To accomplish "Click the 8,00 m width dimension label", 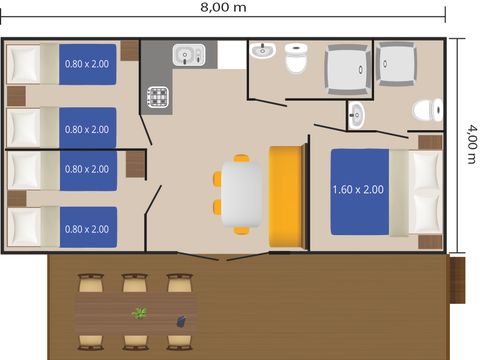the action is (x=223, y=7).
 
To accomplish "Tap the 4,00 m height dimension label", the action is (x=472, y=144).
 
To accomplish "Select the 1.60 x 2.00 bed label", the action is (x=358, y=190).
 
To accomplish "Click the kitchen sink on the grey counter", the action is (x=189, y=55).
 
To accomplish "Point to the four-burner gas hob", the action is (x=158, y=97).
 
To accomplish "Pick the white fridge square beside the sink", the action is (x=232, y=55).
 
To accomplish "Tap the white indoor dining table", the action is (x=241, y=194).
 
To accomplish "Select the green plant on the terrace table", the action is (x=140, y=313).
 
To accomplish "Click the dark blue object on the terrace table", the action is (x=181, y=321).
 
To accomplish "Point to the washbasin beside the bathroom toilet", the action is (x=262, y=50).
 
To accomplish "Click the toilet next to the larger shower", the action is (x=296, y=58).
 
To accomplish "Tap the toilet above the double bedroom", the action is (x=428, y=110).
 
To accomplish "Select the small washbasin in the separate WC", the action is (x=356, y=115).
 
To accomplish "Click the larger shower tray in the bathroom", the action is (x=348, y=70).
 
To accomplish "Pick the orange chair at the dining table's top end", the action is (x=241, y=158).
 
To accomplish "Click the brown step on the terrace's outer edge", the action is (x=457, y=280).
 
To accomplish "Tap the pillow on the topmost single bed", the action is (x=23, y=64).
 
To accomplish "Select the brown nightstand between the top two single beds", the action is (x=16, y=96).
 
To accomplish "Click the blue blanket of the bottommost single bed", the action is (x=88, y=227).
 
